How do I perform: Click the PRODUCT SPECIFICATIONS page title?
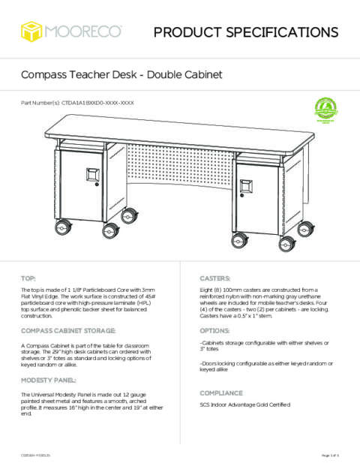tap(245, 32)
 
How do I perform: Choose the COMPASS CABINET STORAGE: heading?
tap(68, 330)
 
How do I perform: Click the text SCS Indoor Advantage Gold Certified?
tap(244, 405)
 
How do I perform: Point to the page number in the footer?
tap(330, 455)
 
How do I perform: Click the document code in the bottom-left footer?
tap(35, 455)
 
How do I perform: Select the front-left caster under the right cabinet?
tap(241, 240)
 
